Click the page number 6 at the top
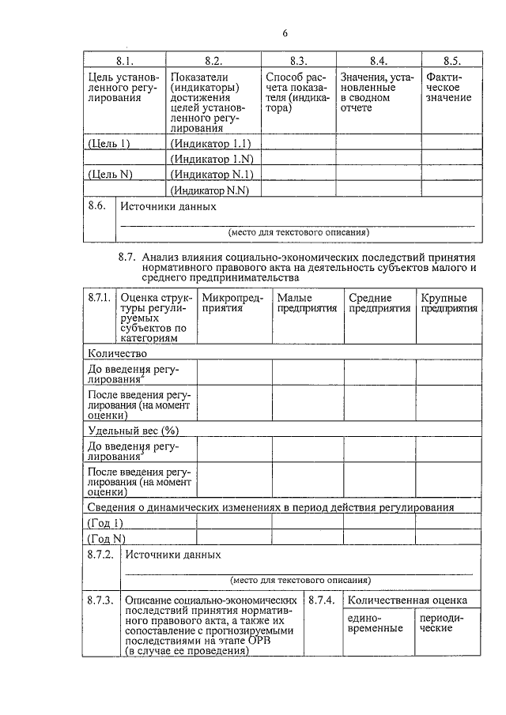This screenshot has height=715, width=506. point(285,32)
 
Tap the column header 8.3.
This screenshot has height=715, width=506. point(297,61)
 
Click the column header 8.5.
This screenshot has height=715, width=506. point(451,61)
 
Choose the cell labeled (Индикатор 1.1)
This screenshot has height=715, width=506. point(210,143)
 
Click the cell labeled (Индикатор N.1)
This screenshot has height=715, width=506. point(211,175)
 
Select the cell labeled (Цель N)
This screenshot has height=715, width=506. point(109,175)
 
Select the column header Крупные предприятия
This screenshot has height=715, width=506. point(448,303)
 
